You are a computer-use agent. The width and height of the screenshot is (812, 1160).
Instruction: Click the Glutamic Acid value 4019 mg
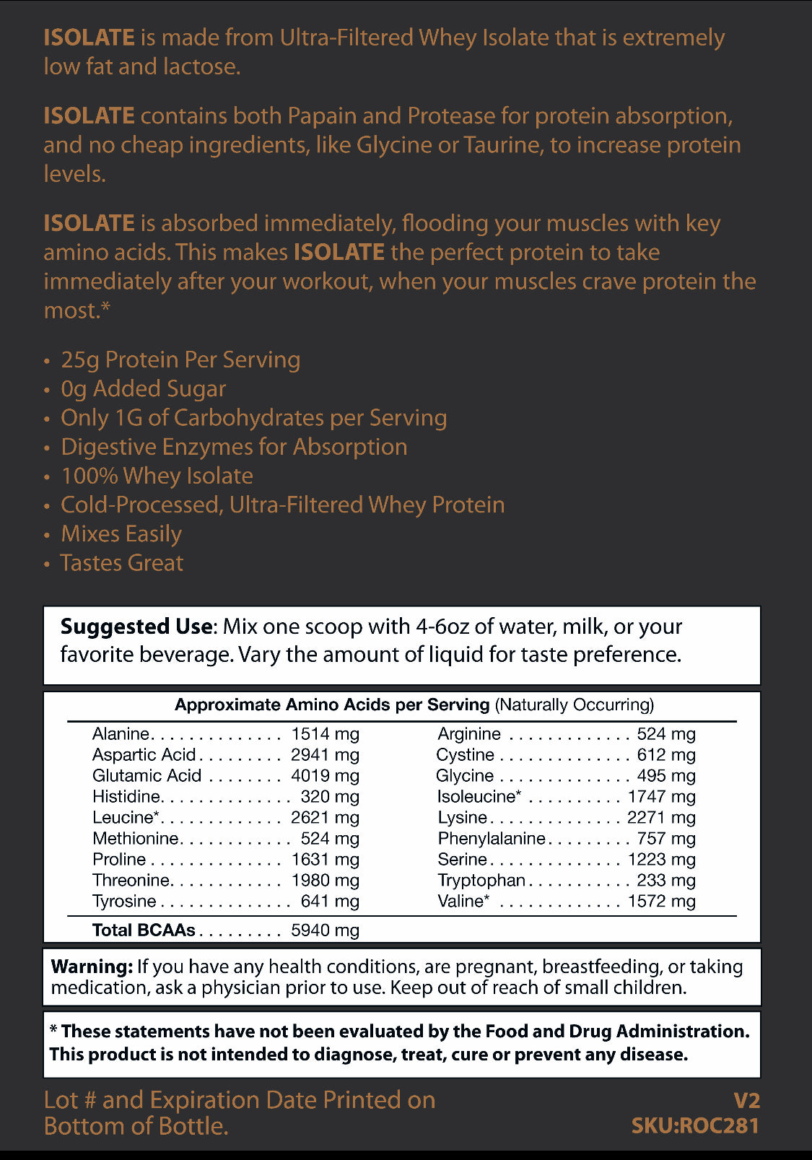click(325, 776)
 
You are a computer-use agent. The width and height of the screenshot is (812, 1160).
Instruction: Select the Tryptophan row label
click(481, 881)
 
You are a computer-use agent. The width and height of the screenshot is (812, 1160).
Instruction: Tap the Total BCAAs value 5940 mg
click(325, 930)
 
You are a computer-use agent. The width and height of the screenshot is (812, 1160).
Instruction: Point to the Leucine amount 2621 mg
click(325, 818)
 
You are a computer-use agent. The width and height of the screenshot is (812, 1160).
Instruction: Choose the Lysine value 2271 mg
click(661, 818)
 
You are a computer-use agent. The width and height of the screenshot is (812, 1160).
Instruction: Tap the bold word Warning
click(92, 967)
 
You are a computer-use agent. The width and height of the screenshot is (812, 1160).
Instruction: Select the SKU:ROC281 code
click(695, 1126)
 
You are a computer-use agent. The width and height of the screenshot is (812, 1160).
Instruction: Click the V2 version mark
click(746, 1101)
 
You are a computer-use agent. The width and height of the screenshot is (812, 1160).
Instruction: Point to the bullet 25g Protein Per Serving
click(180, 359)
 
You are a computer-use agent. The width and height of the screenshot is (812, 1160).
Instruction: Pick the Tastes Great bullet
click(122, 563)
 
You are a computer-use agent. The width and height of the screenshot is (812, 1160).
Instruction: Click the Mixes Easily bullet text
click(121, 534)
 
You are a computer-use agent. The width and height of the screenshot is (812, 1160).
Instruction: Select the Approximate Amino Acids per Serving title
click(332, 705)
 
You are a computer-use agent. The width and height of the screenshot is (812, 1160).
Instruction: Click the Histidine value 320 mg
click(330, 797)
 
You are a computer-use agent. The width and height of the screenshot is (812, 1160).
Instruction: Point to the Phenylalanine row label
click(492, 839)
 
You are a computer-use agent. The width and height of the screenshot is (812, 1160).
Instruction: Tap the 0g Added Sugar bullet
click(143, 389)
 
